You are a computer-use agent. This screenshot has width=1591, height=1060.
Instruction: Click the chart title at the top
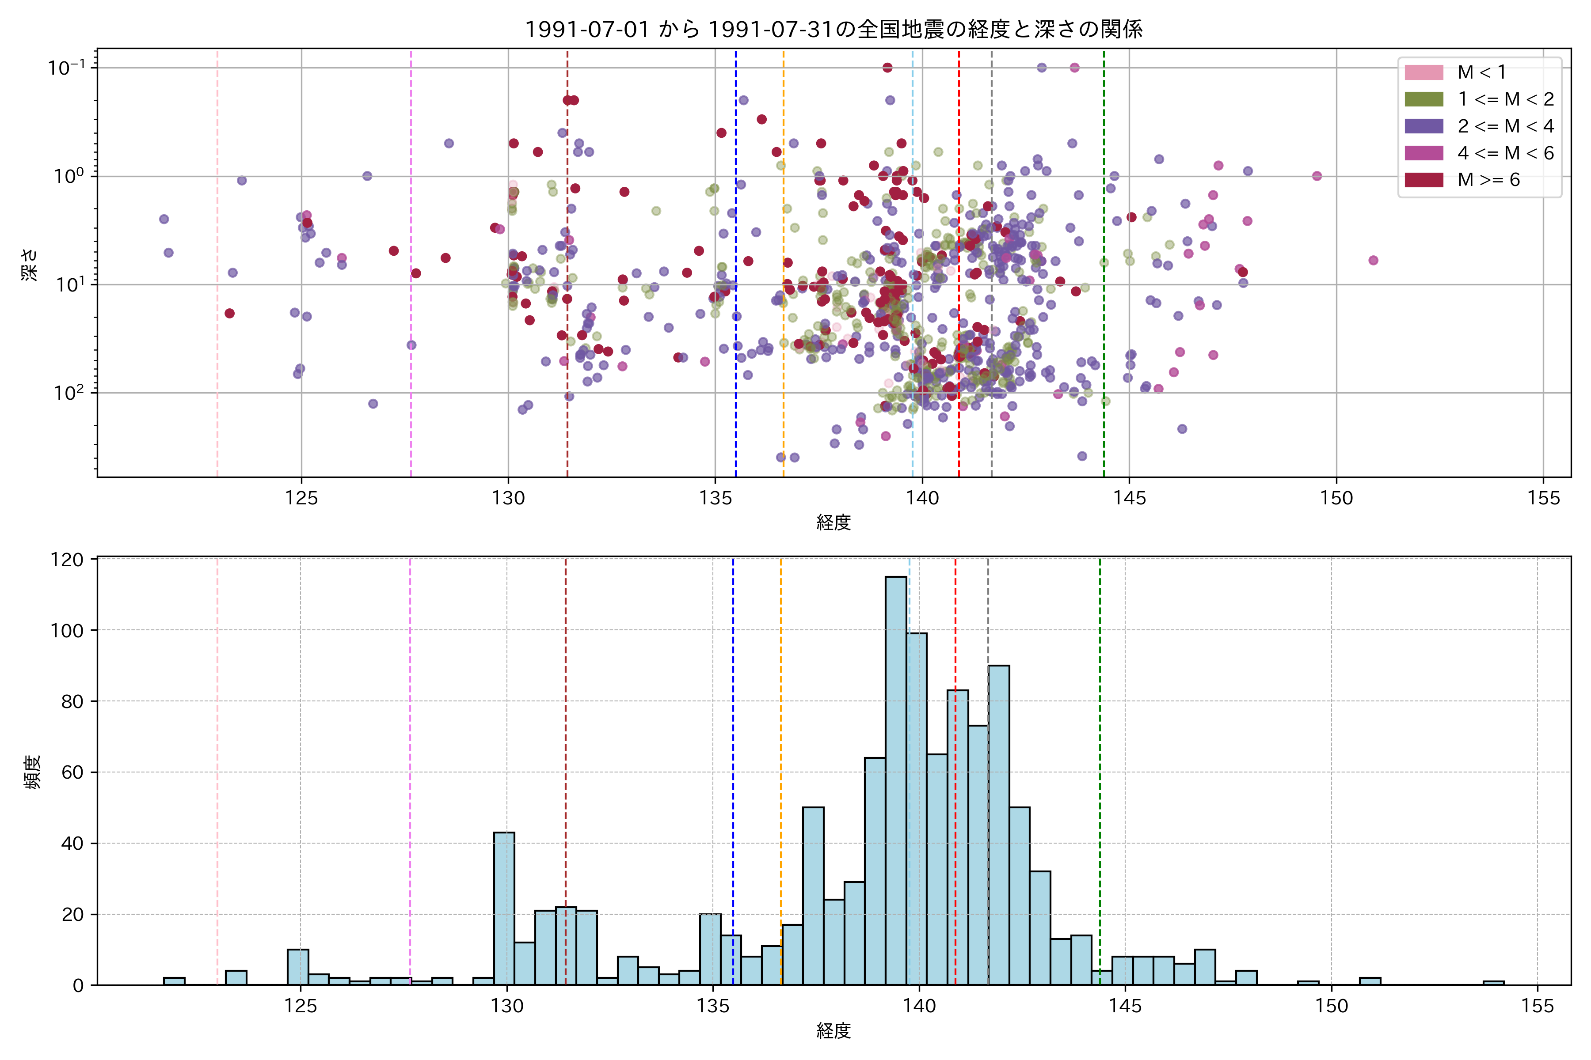pyautogui.click(x=834, y=29)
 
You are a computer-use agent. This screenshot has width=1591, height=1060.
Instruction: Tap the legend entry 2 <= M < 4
pyautogui.click(x=1505, y=126)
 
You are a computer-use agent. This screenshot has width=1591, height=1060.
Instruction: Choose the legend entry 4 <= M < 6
pyautogui.click(x=1505, y=153)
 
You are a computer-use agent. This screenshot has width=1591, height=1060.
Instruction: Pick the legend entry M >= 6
pyautogui.click(x=1488, y=180)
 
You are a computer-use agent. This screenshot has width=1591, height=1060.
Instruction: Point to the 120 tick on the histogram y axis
pyautogui.click(x=67, y=560)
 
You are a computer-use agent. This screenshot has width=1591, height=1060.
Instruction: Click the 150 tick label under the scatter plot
pyautogui.click(x=1336, y=499)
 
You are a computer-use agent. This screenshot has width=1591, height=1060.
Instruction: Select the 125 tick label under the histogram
pyautogui.click(x=301, y=1007)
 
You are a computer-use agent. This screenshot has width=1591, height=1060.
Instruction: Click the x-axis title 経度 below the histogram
pyautogui.click(x=834, y=1031)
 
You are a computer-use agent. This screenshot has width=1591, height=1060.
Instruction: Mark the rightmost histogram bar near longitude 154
pyautogui.click(x=1494, y=983)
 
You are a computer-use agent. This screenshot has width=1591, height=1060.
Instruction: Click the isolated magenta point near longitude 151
pyautogui.click(x=1373, y=260)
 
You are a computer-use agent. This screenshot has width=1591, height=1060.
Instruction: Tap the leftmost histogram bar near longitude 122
pyautogui.click(x=174, y=981)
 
